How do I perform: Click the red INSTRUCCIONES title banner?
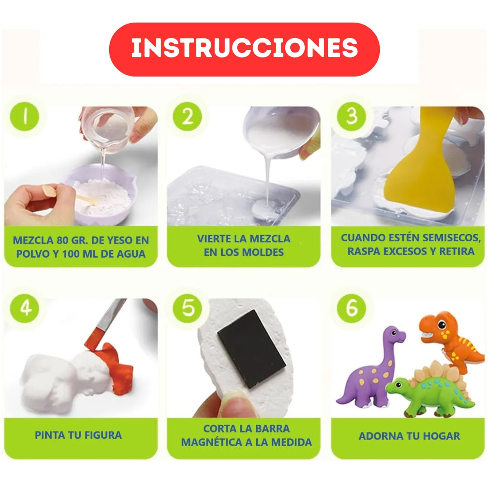click(x=244, y=49)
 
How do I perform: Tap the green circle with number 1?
click(x=25, y=116)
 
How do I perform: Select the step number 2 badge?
click(x=187, y=116)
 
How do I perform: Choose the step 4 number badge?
click(x=25, y=308)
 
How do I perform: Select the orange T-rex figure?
click(x=448, y=337)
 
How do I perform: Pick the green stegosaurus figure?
click(x=430, y=389)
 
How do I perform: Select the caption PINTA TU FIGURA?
click(x=78, y=435)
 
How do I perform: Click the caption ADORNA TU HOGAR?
click(x=409, y=436)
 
